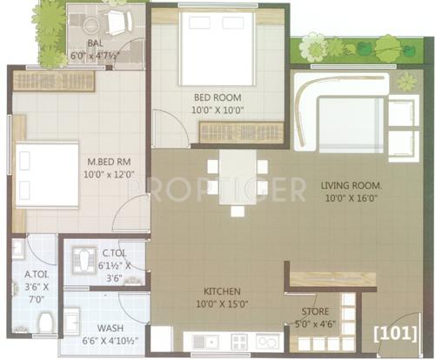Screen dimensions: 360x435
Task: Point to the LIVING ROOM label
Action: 353,185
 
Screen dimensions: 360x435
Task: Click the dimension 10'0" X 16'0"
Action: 353,200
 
